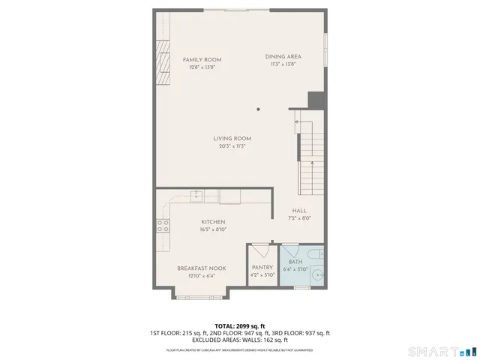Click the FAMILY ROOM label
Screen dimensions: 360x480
pyautogui.click(x=202, y=60)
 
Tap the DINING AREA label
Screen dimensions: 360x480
pyautogui.click(x=283, y=57)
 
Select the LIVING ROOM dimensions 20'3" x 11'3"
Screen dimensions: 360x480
pyautogui.click(x=232, y=146)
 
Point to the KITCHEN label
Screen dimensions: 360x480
pyautogui.click(x=213, y=222)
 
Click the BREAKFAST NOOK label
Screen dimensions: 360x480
pyautogui.click(x=202, y=268)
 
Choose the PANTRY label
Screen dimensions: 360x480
pyautogui.click(x=262, y=267)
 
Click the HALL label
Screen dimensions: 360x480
pyautogui.click(x=299, y=211)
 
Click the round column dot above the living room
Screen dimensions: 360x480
pyautogui.click(x=258, y=109)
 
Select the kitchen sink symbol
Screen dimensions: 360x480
pyautogui.click(x=196, y=197)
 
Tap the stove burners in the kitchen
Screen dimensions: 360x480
pyautogui.click(x=162, y=225)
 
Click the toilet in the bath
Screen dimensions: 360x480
pyautogui.click(x=316, y=256)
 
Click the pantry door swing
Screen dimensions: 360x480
pyautogui.click(x=259, y=250)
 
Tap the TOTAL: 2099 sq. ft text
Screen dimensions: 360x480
pyautogui.click(x=240, y=325)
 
